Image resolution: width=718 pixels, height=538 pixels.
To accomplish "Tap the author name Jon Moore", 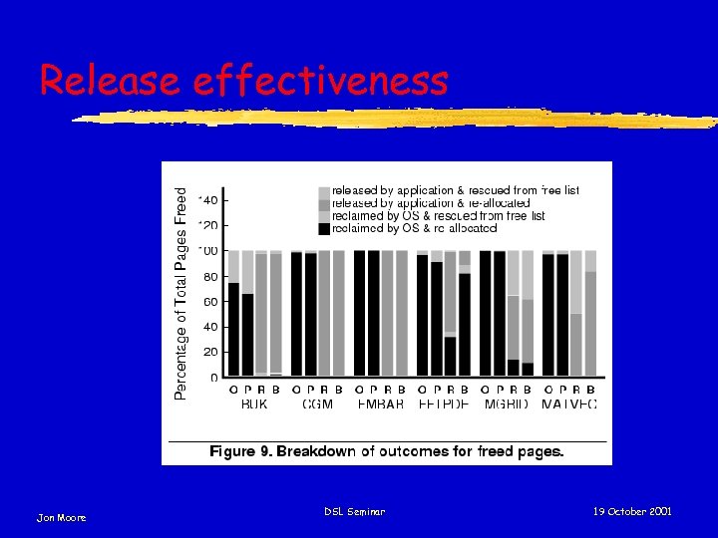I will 62,517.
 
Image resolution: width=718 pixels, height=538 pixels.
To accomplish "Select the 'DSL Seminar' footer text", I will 354,511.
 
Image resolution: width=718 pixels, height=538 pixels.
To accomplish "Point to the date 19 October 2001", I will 632,511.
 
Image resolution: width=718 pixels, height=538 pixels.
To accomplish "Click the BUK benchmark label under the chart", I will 254,403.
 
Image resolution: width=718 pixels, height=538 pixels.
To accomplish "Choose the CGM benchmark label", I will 317,403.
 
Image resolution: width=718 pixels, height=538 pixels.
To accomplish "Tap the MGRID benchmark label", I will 506,403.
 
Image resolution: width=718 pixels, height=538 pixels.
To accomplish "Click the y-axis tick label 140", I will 209,200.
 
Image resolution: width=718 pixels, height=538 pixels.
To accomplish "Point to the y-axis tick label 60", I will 211,302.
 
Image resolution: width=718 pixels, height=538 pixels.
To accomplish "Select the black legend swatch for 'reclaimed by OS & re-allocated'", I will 324,229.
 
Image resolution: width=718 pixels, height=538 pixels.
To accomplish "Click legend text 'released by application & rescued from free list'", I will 455,189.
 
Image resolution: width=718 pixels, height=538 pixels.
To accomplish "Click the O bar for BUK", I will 234,329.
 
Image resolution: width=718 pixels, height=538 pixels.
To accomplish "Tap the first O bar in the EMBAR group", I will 360,314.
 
